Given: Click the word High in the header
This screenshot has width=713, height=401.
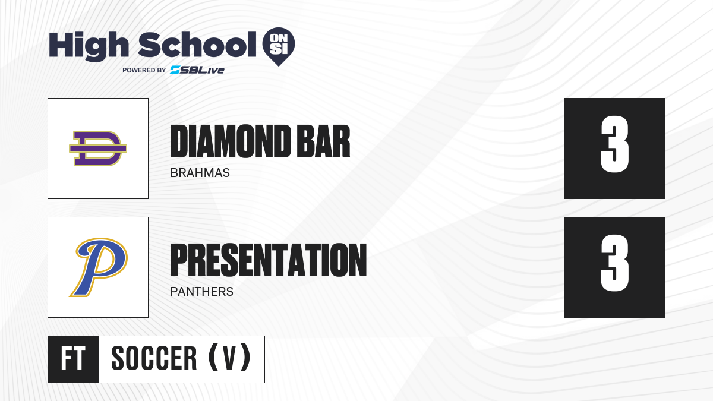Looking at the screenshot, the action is [x=89, y=46].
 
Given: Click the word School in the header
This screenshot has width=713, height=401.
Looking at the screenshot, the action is [x=197, y=45].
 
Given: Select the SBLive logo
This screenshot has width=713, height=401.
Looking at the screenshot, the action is [x=197, y=70].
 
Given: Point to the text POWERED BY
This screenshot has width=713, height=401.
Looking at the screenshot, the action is [x=144, y=70].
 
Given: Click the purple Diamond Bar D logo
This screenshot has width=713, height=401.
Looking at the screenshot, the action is [x=98, y=149].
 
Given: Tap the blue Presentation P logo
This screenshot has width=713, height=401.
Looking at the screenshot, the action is [x=99, y=267].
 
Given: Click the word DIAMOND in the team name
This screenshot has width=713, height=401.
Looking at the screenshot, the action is [x=231, y=141].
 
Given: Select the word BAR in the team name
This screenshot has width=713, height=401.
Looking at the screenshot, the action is [x=323, y=141].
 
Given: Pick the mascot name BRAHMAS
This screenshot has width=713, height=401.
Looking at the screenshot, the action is [x=200, y=173].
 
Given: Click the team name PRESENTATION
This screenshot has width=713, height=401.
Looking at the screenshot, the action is [x=269, y=260].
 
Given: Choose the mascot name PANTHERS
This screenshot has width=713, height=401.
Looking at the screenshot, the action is [x=202, y=292].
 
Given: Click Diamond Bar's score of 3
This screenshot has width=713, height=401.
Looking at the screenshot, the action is [x=614, y=144].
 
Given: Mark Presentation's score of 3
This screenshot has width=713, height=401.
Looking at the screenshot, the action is [x=614, y=263].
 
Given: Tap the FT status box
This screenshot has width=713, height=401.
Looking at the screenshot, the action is [x=73, y=359].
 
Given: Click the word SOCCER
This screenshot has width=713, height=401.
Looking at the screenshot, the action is [x=154, y=358].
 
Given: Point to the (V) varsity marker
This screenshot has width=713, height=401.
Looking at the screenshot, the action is [x=229, y=358].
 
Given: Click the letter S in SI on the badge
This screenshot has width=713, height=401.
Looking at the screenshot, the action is [x=275, y=49].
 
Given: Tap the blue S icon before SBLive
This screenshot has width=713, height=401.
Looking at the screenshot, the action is [x=175, y=70].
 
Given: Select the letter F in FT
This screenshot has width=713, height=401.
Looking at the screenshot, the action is [x=67, y=358].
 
